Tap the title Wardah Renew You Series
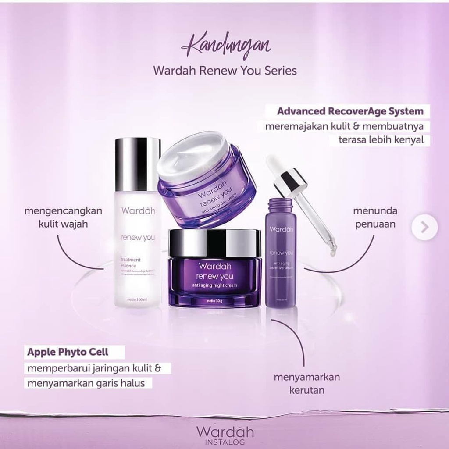pos(224,71)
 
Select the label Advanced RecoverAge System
pos(350,111)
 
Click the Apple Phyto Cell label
pos(68,352)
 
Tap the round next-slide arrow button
pos(424,227)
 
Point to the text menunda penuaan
pos(375,217)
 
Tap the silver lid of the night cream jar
pos(215,243)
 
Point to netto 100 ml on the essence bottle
pos(136,299)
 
